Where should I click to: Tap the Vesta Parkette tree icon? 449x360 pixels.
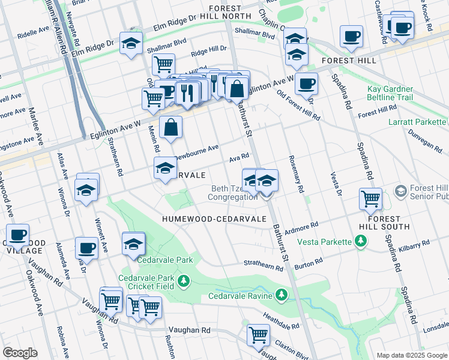(361, 241)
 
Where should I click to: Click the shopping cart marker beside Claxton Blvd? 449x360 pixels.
(259, 335)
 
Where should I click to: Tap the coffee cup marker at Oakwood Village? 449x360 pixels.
(18, 235)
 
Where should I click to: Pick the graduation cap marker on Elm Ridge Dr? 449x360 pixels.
(130, 43)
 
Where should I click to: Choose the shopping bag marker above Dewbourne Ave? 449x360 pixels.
(171, 127)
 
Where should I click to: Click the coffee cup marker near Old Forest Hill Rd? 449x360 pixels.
(306, 84)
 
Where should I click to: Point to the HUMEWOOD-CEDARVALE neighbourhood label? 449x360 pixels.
(214, 219)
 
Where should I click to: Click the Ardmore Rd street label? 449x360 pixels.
(301, 227)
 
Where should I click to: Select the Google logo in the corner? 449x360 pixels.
(20, 353)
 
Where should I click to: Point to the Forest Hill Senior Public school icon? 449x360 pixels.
(401, 191)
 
